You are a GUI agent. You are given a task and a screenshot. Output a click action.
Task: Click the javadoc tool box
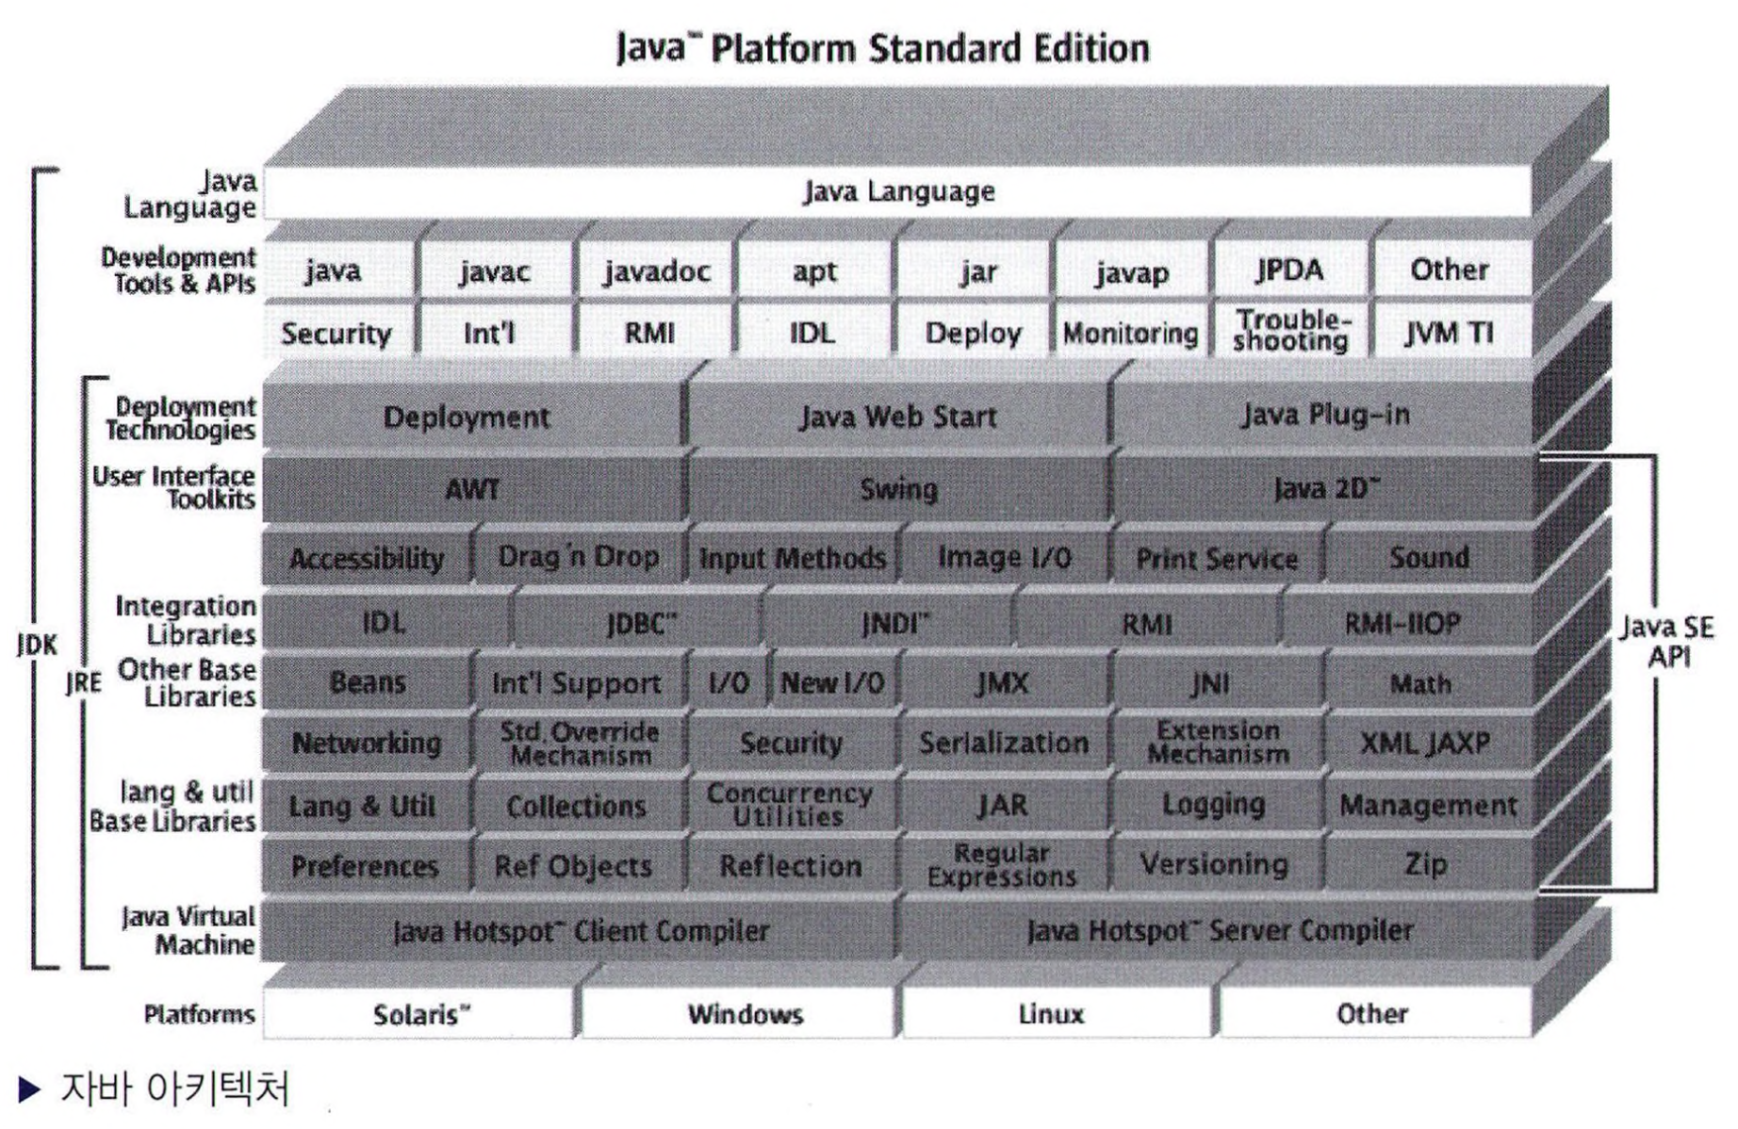point(657,271)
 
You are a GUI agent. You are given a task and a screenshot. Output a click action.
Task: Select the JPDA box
point(1289,270)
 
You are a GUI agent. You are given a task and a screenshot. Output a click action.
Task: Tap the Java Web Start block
point(898,417)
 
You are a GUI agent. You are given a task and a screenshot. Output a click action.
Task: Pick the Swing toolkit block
point(898,489)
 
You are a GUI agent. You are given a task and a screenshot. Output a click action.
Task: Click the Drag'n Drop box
point(578,557)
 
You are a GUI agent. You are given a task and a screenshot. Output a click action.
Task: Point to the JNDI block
point(894,623)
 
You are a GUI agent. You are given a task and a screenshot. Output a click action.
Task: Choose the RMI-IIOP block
point(1402,623)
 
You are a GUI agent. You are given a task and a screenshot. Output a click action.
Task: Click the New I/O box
point(832,682)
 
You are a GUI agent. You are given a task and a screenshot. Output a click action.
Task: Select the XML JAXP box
point(1425,743)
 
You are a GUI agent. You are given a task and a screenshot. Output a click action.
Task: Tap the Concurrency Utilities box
point(790,805)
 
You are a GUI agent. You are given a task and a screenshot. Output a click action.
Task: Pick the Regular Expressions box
point(1001,864)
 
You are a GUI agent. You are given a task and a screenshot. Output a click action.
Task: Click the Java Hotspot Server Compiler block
point(1220,931)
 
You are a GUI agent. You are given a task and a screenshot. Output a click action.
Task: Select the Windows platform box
point(745,1014)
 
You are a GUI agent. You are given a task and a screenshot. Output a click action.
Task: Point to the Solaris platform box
point(420,1014)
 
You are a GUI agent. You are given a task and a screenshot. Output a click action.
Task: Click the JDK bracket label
point(37,645)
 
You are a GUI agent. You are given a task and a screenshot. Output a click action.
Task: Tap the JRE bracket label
point(84,682)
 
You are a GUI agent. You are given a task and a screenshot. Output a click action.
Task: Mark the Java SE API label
point(1666,642)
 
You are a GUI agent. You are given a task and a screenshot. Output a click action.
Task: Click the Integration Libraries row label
point(186,620)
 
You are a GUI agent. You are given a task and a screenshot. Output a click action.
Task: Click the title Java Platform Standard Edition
point(882,48)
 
